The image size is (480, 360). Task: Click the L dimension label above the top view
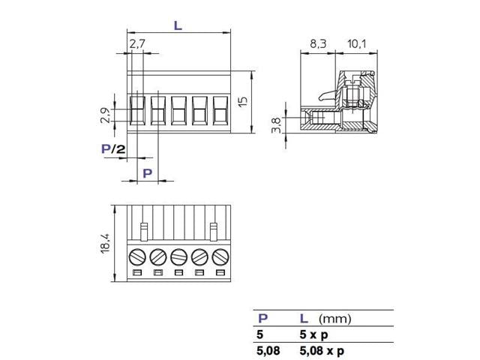click(x=178, y=25)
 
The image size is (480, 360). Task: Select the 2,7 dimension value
click(x=137, y=45)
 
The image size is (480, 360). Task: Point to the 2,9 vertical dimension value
click(x=106, y=115)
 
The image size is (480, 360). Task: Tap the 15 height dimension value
click(x=242, y=102)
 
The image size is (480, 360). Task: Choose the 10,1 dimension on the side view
click(x=357, y=44)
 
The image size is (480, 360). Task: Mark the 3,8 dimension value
click(x=275, y=125)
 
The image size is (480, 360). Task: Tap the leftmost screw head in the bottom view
click(x=136, y=256)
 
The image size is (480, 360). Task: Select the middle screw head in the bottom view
click(x=178, y=256)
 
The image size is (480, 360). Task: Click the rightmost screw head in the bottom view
click(x=220, y=256)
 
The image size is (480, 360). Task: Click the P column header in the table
click(x=262, y=319)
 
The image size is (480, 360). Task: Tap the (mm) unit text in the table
click(x=335, y=319)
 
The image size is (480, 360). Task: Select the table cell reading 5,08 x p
click(x=322, y=349)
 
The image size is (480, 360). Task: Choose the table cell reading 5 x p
click(x=314, y=334)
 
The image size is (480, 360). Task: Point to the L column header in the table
click(x=304, y=319)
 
